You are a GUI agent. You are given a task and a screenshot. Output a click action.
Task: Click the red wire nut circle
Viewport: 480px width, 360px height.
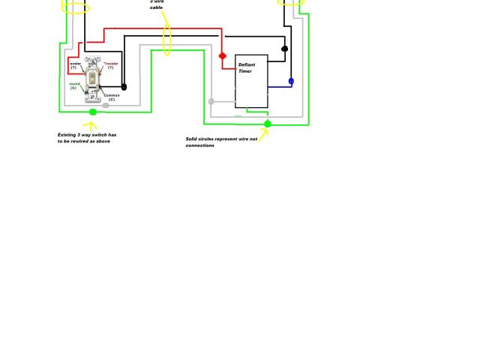[x=222, y=56]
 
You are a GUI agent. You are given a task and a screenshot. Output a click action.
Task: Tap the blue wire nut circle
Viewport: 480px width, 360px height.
[x=291, y=81]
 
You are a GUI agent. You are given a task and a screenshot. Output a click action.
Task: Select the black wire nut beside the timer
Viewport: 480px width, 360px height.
[x=284, y=49]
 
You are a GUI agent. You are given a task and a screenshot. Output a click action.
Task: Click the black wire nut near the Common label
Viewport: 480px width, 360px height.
[x=124, y=88]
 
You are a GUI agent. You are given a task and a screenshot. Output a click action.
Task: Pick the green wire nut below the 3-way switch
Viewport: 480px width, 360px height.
[x=93, y=112]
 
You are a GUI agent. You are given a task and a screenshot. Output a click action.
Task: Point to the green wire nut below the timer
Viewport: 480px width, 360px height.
[x=267, y=124]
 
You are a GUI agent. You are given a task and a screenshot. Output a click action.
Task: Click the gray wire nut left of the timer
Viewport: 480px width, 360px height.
[x=211, y=101]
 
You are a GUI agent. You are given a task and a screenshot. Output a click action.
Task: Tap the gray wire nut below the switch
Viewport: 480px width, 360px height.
[x=106, y=106]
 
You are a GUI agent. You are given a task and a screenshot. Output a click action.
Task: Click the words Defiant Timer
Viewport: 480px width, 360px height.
[x=247, y=67]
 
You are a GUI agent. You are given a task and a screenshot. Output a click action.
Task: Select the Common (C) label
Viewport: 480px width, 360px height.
[x=112, y=97]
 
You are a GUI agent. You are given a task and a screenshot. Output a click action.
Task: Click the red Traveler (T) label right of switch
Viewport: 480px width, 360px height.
[x=110, y=66]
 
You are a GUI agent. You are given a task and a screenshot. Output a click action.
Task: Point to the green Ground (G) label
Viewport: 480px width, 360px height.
[x=74, y=85]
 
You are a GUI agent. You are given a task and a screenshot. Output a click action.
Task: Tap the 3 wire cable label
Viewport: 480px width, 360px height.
[x=156, y=4]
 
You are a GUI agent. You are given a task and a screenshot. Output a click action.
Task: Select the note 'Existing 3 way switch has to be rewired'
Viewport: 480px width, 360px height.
[x=87, y=138]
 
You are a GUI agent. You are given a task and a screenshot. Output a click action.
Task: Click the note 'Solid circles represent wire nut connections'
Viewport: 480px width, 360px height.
[x=220, y=142]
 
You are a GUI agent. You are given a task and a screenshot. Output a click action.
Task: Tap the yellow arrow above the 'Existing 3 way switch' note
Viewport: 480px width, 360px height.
[x=91, y=126]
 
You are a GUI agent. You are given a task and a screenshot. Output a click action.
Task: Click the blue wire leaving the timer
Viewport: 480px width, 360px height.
[x=279, y=86]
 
